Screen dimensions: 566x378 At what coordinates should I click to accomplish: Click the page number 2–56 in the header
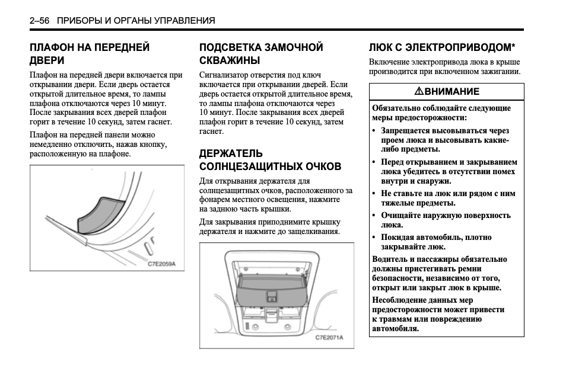point(39,21)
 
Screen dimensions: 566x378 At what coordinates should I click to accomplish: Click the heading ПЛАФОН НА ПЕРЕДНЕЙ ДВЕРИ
point(90,54)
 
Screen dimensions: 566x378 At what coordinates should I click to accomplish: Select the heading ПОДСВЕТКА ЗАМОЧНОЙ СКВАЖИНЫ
point(261,54)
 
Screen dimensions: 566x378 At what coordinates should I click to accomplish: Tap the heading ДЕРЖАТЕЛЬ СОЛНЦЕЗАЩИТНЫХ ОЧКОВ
point(270,160)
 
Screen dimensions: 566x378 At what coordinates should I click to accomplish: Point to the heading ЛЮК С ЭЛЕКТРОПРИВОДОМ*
point(442,47)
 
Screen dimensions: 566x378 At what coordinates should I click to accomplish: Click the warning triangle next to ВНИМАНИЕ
point(419,91)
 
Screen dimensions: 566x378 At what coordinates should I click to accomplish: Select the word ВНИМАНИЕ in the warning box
point(452,91)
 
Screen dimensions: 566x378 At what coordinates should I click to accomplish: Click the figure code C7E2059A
point(161,264)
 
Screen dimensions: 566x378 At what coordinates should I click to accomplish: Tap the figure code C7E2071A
point(329,338)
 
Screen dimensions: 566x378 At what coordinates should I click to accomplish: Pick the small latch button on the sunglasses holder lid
point(272,297)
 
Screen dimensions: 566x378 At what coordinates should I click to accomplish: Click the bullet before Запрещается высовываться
point(374,131)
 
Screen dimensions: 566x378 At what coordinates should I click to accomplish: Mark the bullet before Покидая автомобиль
point(374,238)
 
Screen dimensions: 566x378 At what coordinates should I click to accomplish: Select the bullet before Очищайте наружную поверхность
point(374,216)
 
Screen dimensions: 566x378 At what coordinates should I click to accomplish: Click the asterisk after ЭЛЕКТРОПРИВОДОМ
point(513,46)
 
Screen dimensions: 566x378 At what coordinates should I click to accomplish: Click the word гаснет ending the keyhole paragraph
point(211,131)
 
